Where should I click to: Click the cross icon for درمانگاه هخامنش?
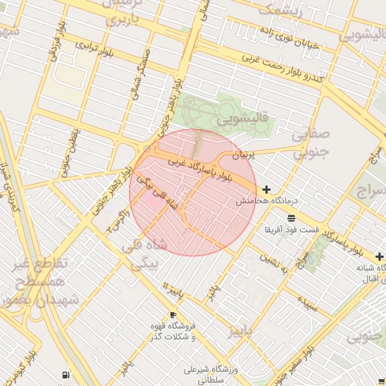266,188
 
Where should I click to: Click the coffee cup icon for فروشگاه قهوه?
173,314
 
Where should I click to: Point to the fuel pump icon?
66,375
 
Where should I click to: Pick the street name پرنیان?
243,154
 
